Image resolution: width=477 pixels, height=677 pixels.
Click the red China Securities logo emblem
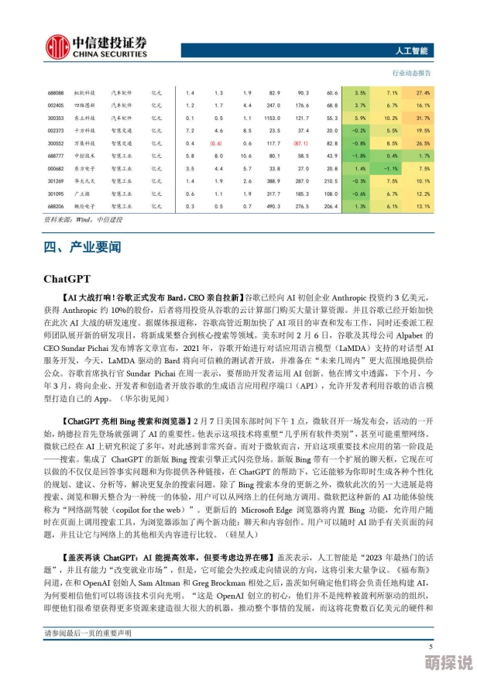point(57,46)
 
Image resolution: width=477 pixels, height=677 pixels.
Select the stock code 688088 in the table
point(55,92)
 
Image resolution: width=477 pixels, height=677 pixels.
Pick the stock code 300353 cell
point(55,118)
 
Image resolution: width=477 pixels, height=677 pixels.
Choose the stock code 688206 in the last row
point(55,206)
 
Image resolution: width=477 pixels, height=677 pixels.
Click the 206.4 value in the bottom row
point(331,206)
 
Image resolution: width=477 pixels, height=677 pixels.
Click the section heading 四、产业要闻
point(83,249)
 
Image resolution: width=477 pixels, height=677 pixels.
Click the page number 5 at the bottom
point(431,646)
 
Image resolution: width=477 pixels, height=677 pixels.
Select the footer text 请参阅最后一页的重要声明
point(88,634)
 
